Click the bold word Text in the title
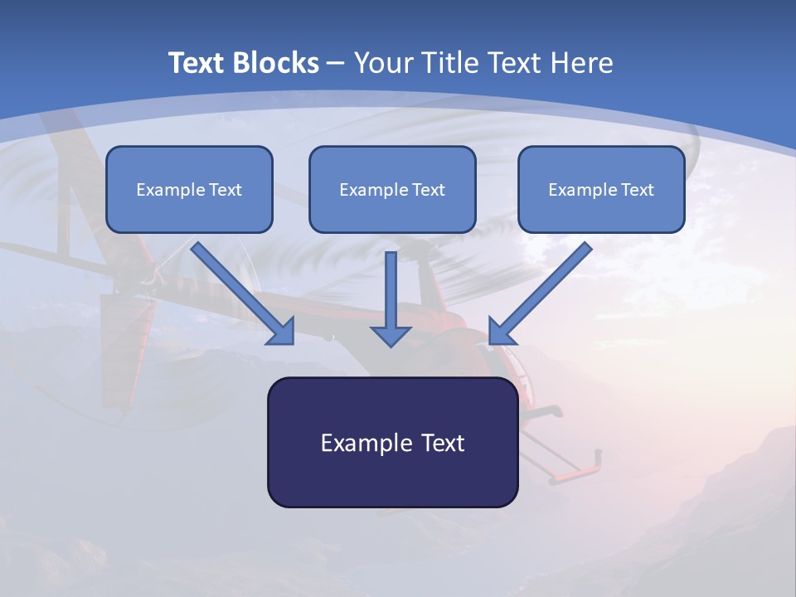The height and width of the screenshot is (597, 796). tap(197, 63)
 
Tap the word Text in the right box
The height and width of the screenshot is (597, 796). tap(637, 190)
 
